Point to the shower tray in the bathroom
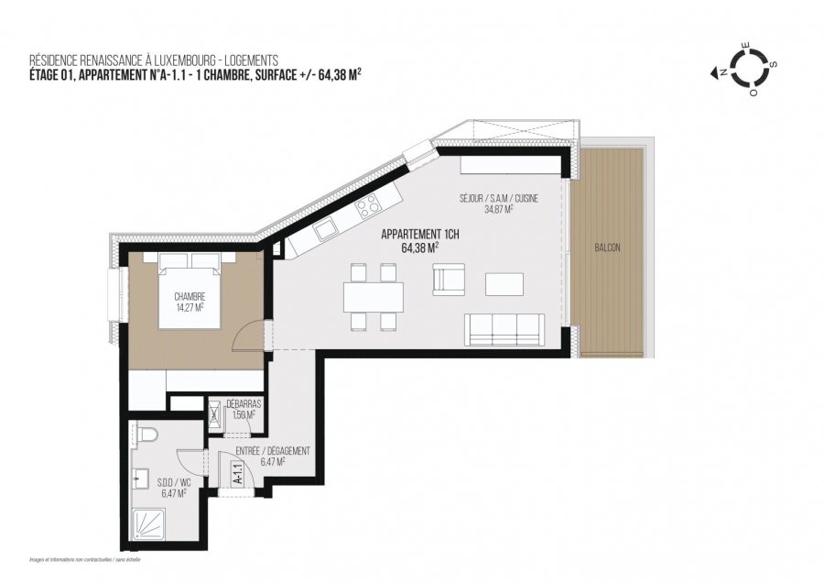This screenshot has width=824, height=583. [x=149, y=525]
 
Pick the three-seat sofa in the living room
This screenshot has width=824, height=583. [x=504, y=326]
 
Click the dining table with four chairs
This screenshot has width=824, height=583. [x=373, y=296]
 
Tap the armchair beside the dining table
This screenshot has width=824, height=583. [x=449, y=280]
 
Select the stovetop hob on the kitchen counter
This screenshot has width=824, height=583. [x=368, y=204]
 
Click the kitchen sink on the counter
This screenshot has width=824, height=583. [x=324, y=232]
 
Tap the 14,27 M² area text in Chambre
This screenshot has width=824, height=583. [x=190, y=308]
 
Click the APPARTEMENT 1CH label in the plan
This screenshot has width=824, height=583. [x=419, y=234]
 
